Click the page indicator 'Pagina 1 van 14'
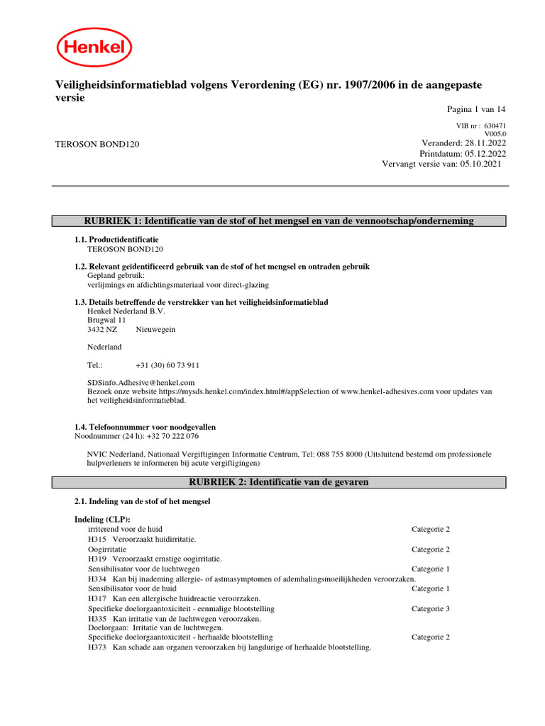(475, 109)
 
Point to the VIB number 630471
(495, 125)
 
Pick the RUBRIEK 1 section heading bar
(279, 221)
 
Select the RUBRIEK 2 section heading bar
(279, 482)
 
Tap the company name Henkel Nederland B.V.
(126, 311)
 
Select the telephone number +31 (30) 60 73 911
(167, 365)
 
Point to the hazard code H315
(97, 540)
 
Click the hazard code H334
(97, 579)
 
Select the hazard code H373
(97, 647)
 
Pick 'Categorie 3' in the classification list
(431, 609)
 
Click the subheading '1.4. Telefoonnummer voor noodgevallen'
(145, 428)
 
